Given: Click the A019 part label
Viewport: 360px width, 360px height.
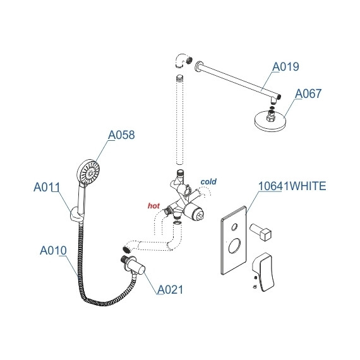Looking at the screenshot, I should tap(285, 66).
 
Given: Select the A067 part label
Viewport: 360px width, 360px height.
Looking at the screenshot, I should tap(308, 93).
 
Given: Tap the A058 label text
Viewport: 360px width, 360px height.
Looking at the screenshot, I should tap(121, 135).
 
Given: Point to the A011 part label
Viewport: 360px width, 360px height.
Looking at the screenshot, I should tap(46, 186).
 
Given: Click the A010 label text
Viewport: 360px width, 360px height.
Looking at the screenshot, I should tap(53, 251).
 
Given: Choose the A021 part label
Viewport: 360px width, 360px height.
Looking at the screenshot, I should tap(171, 290).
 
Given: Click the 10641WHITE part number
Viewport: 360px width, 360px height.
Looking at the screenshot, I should tap(292, 186).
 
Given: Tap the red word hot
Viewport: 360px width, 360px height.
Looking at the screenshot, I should tap(153, 205).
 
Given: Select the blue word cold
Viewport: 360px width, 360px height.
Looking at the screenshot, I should tap(208, 182).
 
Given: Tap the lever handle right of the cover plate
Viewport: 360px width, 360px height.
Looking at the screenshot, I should tap(264, 265).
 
